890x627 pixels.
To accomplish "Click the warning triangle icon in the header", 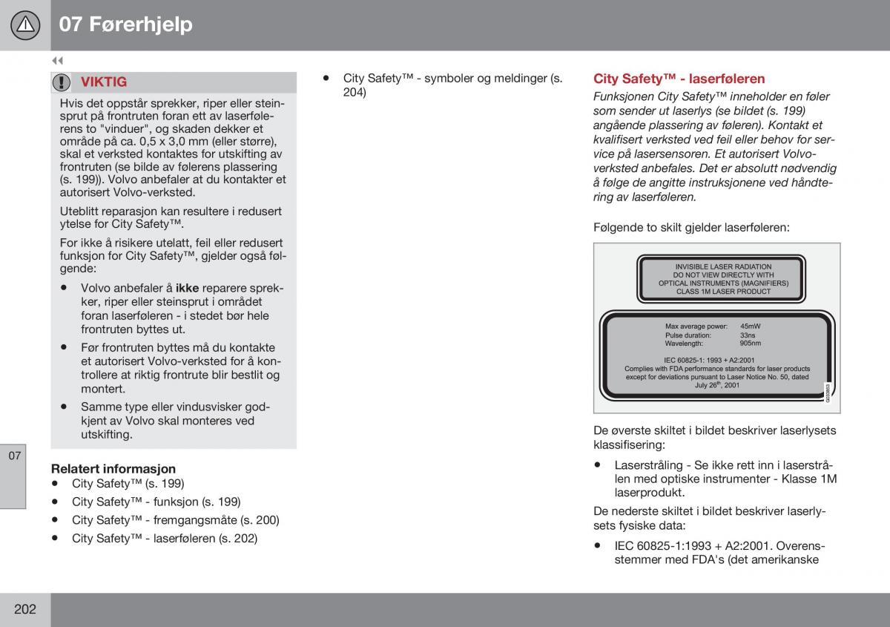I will coord(26,25).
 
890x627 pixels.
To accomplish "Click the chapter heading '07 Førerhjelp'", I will coord(125,24).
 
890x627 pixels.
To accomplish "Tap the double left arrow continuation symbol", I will coord(57,61).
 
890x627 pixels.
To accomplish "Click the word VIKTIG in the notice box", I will coord(104,82).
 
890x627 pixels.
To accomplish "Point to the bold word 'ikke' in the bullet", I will coord(187,288).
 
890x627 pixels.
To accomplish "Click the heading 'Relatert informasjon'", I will coord(113,468).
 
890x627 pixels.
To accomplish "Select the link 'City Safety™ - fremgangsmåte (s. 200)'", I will coord(175,520).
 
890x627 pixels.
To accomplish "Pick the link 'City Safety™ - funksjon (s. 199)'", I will coord(156,502).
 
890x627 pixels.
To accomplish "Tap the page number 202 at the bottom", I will coord(24,609).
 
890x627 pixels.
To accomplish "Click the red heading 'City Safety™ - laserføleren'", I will coord(679,79).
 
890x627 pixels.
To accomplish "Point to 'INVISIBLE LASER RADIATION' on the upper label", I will coord(723,266).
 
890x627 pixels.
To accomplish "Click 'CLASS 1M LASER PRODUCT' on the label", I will coord(723,292).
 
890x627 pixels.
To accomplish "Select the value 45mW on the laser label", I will coord(750,326).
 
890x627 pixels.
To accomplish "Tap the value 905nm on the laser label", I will coord(750,344).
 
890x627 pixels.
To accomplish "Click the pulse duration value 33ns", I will coord(747,335).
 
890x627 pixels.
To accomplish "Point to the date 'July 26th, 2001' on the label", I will coord(716,385).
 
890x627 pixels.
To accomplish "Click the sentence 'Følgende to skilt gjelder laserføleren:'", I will coord(691,228).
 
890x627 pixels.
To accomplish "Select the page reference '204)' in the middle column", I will coord(355,93).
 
